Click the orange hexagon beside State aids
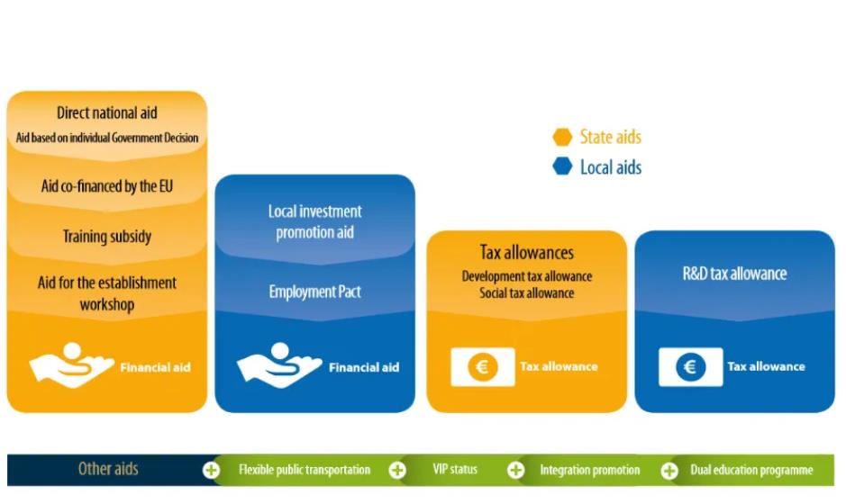pos(562,137)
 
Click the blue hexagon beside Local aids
pos(562,166)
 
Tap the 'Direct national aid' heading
pos(107,112)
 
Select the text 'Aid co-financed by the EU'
pos(107,186)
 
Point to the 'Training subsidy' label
pos(107,236)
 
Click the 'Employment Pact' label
pos(314,292)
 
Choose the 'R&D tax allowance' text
pos(734,274)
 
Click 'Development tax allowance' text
pos(526,276)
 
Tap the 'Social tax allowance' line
pos(526,292)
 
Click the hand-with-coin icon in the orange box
pos(71,364)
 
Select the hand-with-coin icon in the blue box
pos(279,364)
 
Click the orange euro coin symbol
pos(482,367)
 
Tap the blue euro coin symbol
pos(690,367)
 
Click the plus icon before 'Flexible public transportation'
pos(211,470)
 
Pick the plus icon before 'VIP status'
pos(397,470)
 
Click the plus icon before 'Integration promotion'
pos(515,470)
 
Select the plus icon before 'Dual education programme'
pos(669,470)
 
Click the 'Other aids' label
pos(108,469)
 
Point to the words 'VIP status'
pos(455,470)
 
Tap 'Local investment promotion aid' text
pos(314,221)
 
